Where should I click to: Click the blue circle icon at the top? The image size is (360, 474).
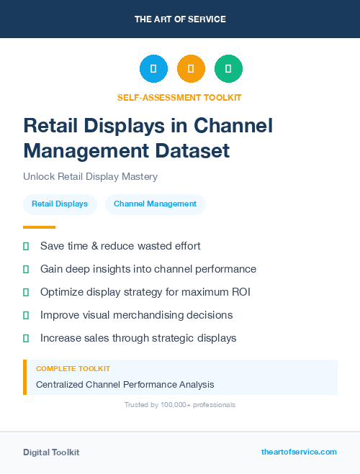click(x=153, y=69)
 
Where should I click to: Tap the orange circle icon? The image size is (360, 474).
click(x=191, y=69)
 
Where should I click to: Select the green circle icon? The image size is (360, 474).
click(x=228, y=69)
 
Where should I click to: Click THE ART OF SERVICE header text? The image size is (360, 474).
click(x=180, y=19)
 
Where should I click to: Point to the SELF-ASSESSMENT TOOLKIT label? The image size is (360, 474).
click(x=179, y=97)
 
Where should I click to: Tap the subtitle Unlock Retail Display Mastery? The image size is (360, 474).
click(x=90, y=176)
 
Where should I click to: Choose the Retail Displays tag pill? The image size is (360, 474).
click(x=60, y=204)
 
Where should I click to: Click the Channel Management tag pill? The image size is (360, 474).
click(x=155, y=204)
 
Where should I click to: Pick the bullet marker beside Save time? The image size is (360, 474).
click(x=26, y=246)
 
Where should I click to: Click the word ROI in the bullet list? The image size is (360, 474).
click(x=239, y=292)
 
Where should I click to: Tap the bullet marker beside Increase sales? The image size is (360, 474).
click(x=26, y=338)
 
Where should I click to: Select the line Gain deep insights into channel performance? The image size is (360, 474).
click(x=148, y=269)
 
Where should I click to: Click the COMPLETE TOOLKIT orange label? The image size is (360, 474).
click(x=73, y=369)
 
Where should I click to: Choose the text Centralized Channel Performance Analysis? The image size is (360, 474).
click(x=125, y=385)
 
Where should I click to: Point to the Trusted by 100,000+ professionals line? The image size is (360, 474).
click(x=180, y=405)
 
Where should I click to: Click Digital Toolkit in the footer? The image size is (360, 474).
click(x=51, y=452)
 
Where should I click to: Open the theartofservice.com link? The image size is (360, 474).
click(x=299, y=452)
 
